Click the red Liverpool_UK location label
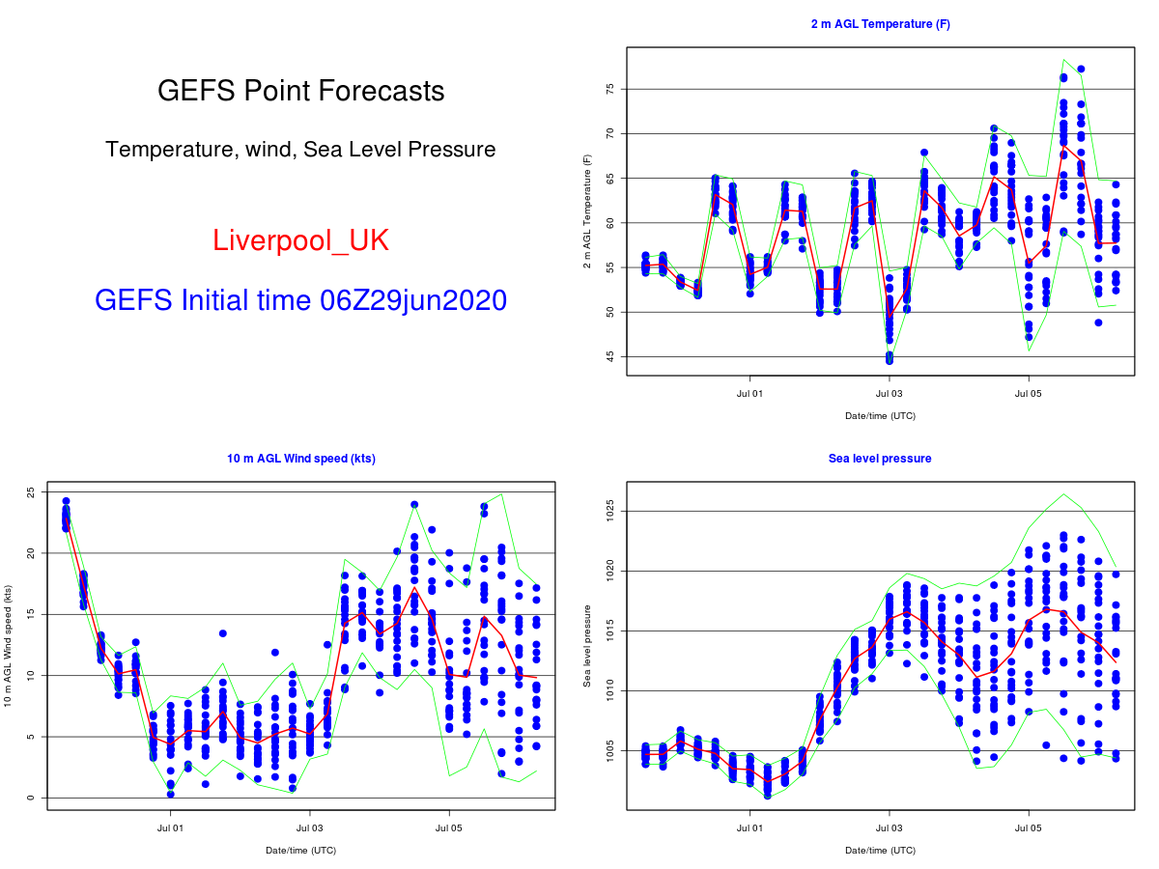(300, 240)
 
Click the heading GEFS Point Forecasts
(300, 91)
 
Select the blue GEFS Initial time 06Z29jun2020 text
(300, 300)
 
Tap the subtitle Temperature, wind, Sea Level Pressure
(300, 150)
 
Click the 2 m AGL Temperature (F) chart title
(880, 24)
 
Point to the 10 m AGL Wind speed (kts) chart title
(300, 459)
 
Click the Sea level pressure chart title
(880, 459)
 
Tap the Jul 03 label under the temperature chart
(889, 394)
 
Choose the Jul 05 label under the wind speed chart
(449, 828)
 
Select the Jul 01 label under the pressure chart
(749, 828)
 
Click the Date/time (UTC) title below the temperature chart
(880, 416)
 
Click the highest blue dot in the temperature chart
(1081, 69)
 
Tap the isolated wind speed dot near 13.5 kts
(222, 633)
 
